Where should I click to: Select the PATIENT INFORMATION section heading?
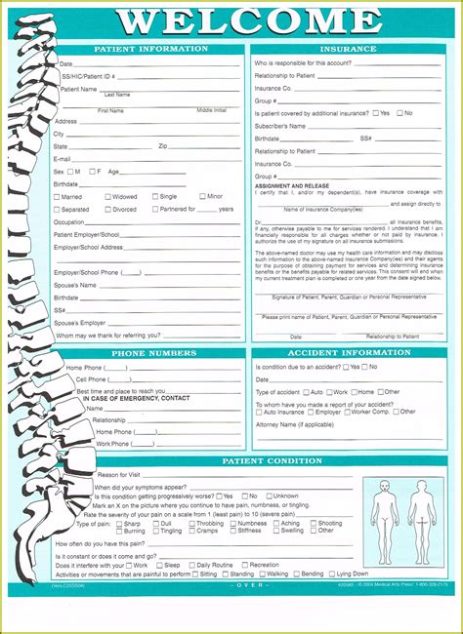point(150,48)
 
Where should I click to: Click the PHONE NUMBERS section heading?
point(154,352)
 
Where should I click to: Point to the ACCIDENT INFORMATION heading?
point(350,352)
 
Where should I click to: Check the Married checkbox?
point(57,196)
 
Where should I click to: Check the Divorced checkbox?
point(107,209)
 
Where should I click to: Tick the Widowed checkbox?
point(107,196)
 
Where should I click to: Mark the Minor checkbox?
point(202,196)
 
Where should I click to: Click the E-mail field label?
point(62,158)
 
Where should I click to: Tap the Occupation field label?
point(69,221)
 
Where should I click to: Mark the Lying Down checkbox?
point(329,574)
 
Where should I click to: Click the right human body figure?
point(422,508)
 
